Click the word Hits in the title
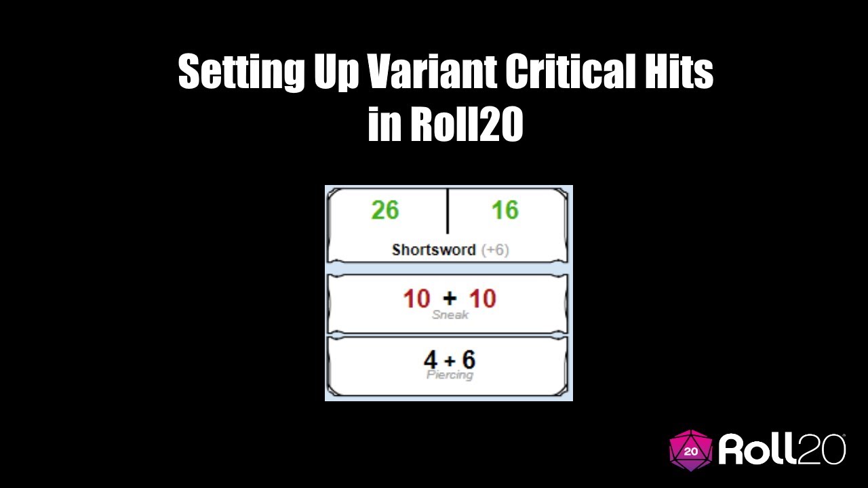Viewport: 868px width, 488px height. coord(686,72)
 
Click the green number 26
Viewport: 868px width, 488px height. coord(385,211)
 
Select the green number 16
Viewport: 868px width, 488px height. coord(505,211)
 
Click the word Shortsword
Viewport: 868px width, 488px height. coord(434,249)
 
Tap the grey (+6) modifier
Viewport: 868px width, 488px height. coord(495,249)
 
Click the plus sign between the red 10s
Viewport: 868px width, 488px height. coord(450,299)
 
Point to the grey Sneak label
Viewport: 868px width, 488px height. coord(450,315)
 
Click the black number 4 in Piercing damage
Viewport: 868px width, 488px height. coord(430,359)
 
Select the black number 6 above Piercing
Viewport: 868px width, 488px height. coord(468,359)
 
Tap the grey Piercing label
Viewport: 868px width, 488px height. coord(450,374)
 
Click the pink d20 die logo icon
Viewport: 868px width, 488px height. coord(691,449)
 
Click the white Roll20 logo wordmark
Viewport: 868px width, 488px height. coord(782,449)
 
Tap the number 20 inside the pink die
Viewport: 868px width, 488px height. coord(691,451)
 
